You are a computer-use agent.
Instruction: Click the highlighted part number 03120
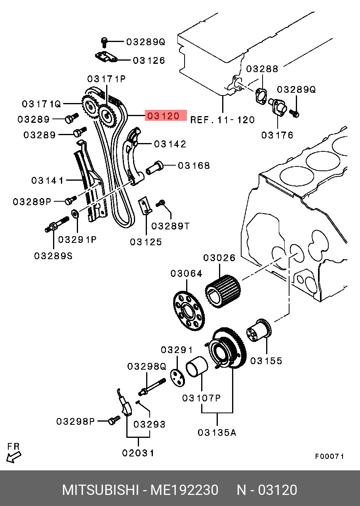tap(163, 116)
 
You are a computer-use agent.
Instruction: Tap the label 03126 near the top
tap(149, 61)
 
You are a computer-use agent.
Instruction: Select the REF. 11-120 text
tap(223, 120)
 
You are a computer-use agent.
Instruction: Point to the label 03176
tap(277, 135)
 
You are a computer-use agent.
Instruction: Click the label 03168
tap(194, 166)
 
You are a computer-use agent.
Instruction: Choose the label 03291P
tap(77, 240)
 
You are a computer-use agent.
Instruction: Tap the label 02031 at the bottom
tap(138, 453)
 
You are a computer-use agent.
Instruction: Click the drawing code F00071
tap(330, 456)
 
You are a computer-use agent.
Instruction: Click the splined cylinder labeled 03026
tap(223, 292)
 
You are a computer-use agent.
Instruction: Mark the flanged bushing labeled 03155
tap(259, 330)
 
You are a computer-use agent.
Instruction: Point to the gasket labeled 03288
tap(261, 96)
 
